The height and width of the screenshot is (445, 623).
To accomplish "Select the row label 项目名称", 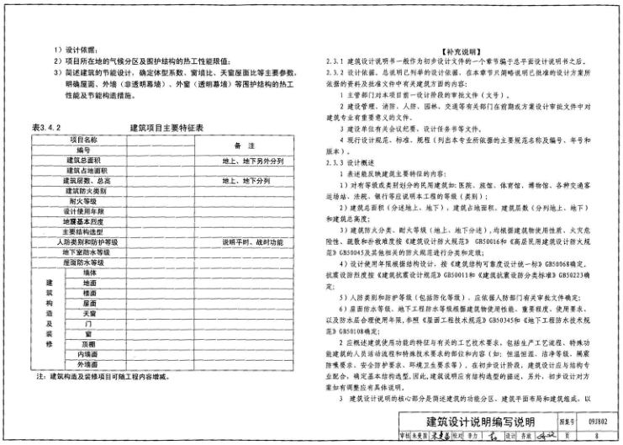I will [x=83, y=139].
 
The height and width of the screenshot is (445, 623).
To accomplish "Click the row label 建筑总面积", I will [x=83, y=160].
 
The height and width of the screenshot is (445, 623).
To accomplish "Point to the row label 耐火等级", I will [x=83, y=201].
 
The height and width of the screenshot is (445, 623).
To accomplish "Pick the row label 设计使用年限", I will [x=83, y=211].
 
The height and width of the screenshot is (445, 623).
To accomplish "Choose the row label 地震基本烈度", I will [x=83, y=221].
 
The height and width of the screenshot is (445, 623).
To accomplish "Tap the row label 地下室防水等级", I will [x=83, y=252].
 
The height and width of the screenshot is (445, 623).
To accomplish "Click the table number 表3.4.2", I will [x=47, y=127].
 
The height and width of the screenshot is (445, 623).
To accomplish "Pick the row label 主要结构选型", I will [x=83, y=232].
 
